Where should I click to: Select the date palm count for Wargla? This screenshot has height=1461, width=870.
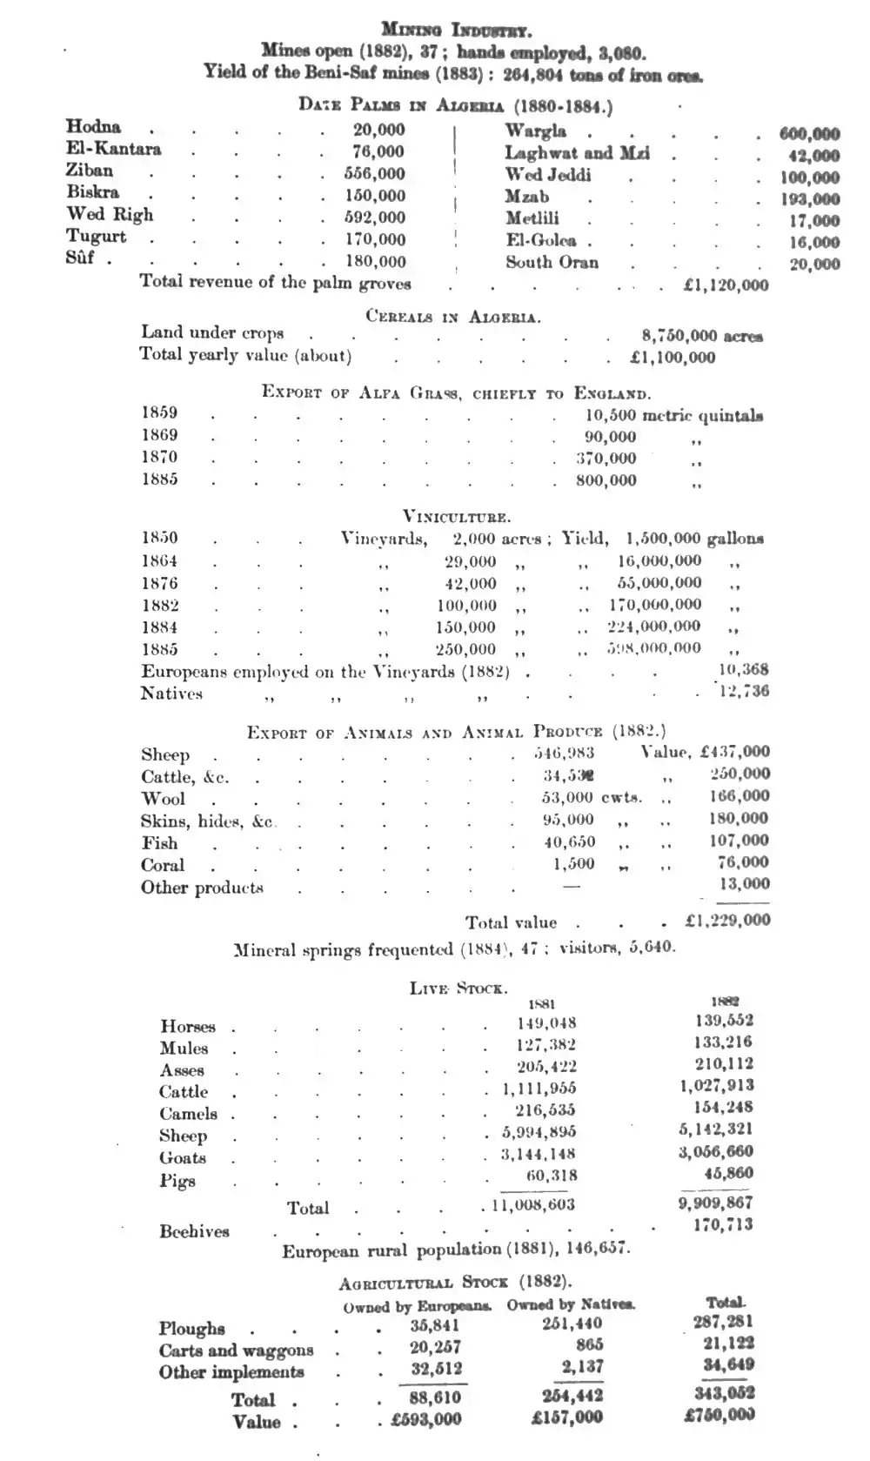point(809,134)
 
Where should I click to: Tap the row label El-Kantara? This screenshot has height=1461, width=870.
point(113,149)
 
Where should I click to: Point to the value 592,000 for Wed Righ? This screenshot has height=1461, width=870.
point(374,218)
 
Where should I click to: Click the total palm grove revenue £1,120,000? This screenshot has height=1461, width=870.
point(726,285)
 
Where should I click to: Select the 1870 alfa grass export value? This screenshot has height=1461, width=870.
point(606,459)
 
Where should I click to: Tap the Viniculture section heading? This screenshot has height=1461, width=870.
point(456,517)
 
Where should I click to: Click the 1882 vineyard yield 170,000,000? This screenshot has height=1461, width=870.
point(654,605)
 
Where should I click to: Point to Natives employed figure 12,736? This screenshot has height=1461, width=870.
point(744,692)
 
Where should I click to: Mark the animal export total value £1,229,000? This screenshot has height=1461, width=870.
point(727,920)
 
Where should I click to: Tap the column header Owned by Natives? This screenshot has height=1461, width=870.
point(571,1304)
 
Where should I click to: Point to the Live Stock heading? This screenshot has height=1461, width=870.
point(458,988)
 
